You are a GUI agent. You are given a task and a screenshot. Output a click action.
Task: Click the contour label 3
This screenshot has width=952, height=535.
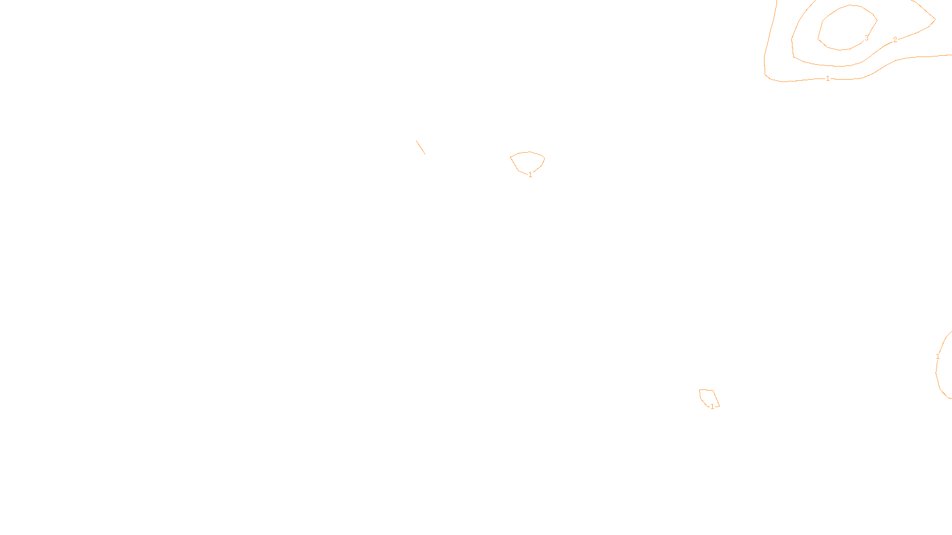(866, 38)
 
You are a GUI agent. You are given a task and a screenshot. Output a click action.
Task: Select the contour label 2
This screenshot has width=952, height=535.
(895, 40)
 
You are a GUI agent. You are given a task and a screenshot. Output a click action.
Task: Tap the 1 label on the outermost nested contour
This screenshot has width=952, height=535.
(828, 78)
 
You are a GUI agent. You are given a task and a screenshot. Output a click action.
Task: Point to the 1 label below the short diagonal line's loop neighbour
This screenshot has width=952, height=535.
(530, 175)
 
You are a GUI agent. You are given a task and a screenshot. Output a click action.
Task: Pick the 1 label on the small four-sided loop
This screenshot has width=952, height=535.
(712, 407)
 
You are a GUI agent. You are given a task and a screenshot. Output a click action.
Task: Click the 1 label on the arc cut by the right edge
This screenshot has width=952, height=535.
(938, 357)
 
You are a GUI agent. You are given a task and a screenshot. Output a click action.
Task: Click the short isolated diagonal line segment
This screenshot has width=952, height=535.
(421, 147)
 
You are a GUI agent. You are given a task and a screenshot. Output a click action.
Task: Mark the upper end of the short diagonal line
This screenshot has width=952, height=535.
(416, 140)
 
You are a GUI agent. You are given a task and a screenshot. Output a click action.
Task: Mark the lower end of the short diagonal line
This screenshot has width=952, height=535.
(425, 155)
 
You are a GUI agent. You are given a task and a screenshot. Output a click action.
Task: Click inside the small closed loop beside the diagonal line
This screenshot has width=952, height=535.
(528, 162)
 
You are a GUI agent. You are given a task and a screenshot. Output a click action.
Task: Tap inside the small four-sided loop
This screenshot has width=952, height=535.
(708, 397)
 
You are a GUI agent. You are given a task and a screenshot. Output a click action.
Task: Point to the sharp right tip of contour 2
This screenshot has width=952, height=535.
(935, 20)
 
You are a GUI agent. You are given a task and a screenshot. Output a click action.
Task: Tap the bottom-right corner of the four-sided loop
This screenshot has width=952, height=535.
(719, 406)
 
